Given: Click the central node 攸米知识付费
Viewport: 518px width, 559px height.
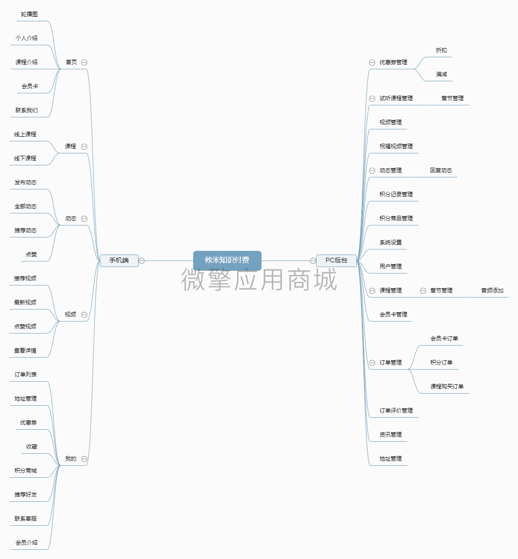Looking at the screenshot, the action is tap(227, 261).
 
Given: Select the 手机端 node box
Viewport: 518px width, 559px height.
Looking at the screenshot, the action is tap(119, 261).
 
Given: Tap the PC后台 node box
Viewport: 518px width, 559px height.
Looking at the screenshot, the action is tap(336, 261).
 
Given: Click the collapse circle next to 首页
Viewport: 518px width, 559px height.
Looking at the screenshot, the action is tap(84, 62).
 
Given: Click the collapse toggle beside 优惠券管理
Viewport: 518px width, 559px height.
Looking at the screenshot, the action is tap(372, 62).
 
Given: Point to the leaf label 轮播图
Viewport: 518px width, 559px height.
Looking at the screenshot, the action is tap(29, 14).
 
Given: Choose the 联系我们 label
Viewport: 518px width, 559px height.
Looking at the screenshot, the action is tap(26, 110).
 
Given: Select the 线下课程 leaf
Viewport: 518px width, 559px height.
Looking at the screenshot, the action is tap(25, 158).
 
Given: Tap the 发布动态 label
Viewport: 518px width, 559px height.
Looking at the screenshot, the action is tap(25, 182).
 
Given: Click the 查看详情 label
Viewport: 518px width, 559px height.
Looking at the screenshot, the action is tap(25, 351).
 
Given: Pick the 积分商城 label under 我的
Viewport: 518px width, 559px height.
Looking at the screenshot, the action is tap(25, 471).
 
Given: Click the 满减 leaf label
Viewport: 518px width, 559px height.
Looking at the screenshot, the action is tap(441, 74).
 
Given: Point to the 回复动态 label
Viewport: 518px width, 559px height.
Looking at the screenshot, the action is tap(441, 170).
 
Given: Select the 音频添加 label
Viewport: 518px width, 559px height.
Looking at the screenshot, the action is tap(492, 291).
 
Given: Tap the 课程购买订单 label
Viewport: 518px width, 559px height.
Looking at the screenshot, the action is tap(447, 387).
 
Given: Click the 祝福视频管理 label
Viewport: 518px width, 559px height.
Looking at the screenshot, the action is tap(396, 146).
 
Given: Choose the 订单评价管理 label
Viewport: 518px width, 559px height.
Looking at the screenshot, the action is tap(396, 411).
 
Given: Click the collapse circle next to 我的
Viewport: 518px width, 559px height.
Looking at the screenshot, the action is tap(84, 459).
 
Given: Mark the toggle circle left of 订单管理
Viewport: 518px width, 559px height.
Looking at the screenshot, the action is tap(372, 363).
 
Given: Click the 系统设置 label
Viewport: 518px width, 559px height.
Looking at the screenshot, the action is tap(390, 243).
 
